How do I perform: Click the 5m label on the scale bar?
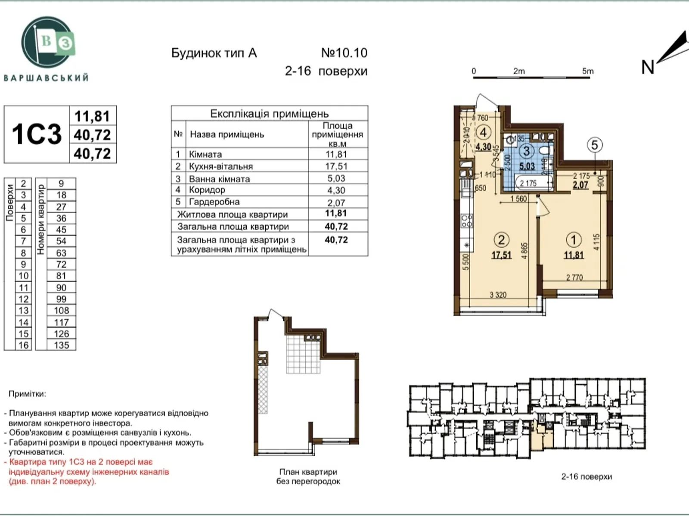pos(587,71)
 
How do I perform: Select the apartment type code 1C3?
pos(37,134)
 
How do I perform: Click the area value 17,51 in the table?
pos(336,166)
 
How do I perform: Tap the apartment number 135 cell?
pos(61,345)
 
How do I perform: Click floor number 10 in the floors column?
pos(23,276)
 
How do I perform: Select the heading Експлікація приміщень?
pos(269,114)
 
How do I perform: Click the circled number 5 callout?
pos(595,145)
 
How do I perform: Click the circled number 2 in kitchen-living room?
pos(501,240)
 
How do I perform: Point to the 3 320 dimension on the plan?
pos(498,295)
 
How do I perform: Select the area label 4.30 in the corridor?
pos(483,147)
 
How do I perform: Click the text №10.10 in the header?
pos(344,53)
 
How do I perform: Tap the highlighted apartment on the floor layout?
pos(542,438)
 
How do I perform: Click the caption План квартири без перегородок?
pos(308,477)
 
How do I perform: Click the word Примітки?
pos(27,394)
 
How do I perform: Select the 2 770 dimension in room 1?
pos(574,277)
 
